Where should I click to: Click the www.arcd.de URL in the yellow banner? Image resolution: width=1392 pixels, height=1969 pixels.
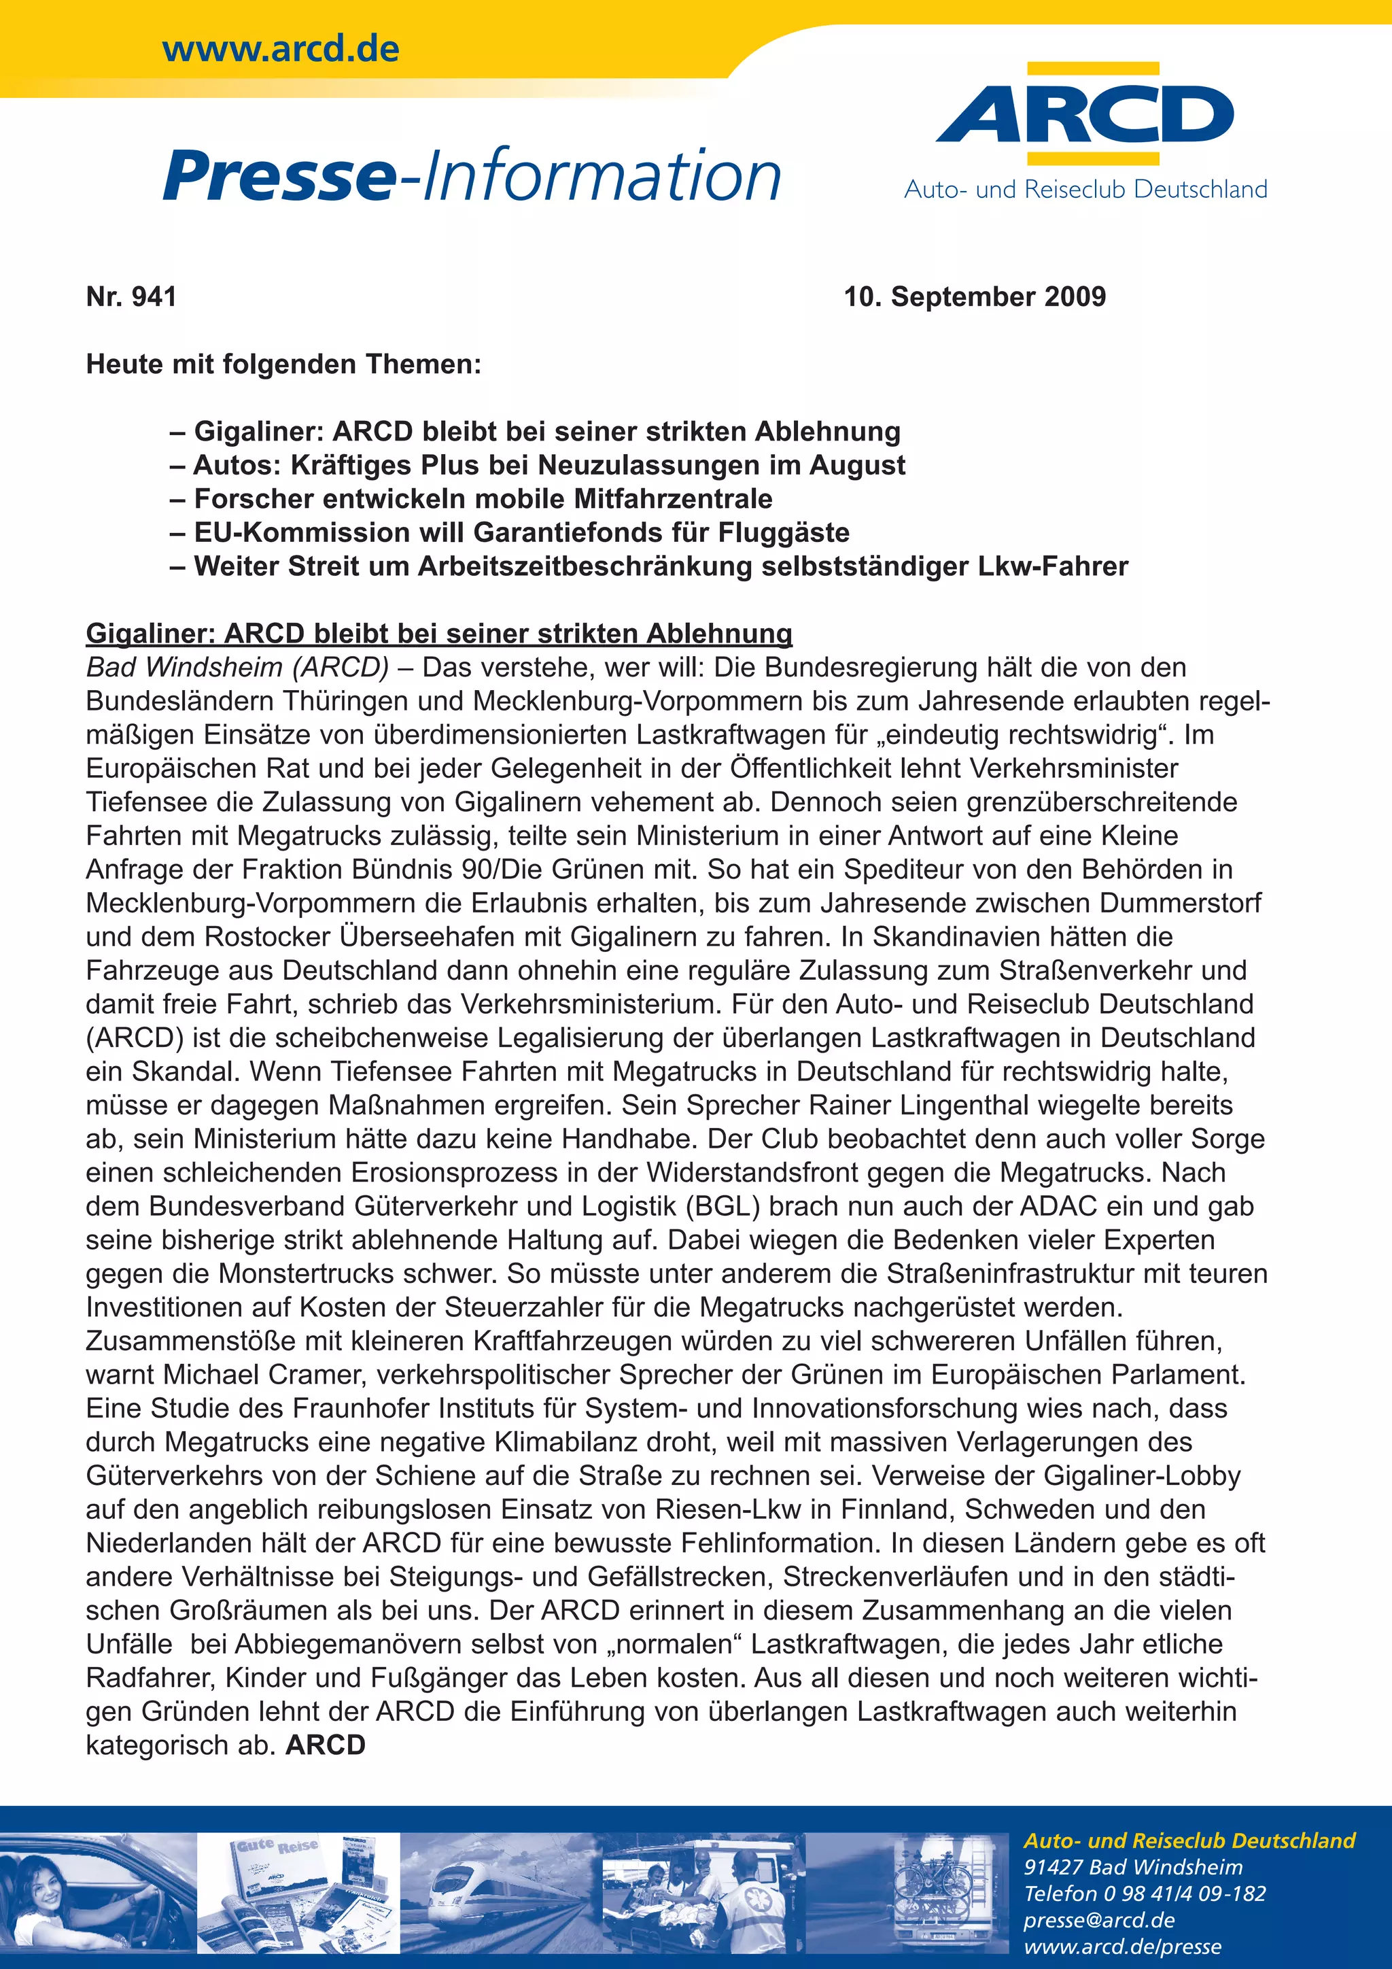pos(280,49)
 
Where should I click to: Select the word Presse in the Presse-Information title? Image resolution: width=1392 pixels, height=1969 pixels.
pos(279,176)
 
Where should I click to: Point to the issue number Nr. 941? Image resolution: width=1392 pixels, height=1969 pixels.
pos(131,296)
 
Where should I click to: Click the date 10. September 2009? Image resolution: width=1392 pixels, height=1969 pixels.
pos(975,296)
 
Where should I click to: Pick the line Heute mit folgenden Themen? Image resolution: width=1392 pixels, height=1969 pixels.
pos(283,364)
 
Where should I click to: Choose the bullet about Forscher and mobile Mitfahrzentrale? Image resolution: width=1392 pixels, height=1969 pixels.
pos(472,498)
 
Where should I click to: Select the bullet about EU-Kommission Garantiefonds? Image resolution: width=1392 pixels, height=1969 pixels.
pos(510,532)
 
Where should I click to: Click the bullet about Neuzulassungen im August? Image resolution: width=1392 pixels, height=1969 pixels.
pos(538,465)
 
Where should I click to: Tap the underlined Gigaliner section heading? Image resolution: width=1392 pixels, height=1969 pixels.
pos(439,634)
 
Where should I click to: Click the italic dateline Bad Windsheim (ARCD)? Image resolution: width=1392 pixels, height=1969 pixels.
pos(237,667)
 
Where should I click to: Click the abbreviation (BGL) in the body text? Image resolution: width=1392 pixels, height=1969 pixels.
pos(723,1207)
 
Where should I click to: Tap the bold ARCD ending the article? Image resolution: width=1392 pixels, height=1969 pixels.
pos(326,1745)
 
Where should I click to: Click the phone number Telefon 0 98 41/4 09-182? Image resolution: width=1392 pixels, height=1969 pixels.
pos(1145,1894)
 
